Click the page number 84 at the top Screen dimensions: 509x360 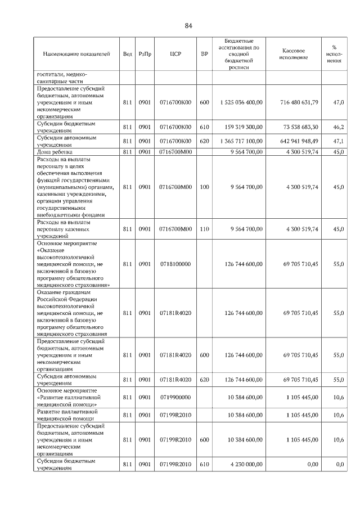click(188, 25)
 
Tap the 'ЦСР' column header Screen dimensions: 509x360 click(175, 55)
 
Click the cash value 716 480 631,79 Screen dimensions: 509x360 click(295, 102)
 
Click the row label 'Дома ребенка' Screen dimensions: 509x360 click(55, 152)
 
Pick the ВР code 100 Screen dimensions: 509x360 click(204, 187)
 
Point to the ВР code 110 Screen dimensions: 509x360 click(204, 229)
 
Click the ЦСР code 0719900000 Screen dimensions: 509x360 click(175, 397)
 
